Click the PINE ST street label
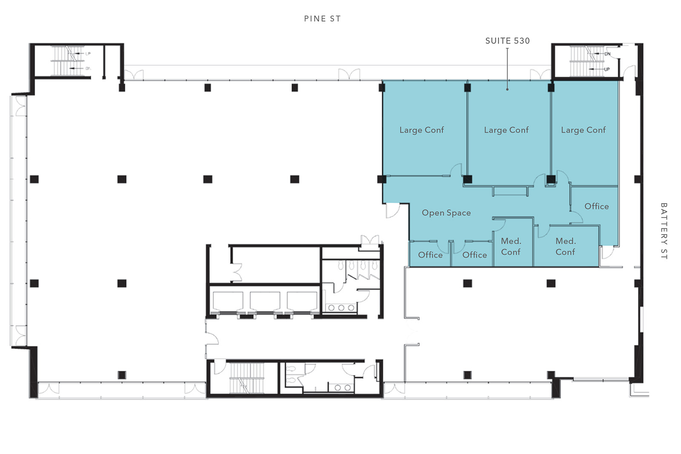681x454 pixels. [322, 19]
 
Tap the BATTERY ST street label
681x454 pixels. [664, 231]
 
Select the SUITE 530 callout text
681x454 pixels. [507, 41]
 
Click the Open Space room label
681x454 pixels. [446, 213]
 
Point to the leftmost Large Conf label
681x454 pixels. [421, 130]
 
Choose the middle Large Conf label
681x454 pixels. [506, 130]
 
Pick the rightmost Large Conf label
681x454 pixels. [583, 130]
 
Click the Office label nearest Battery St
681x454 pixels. [596, 206]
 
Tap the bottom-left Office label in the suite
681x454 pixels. [430, 255]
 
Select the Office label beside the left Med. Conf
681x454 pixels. [474, 255]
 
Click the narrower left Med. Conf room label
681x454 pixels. [511, 246]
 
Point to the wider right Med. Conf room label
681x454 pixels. [566, 246]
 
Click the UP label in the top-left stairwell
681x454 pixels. [88, 54]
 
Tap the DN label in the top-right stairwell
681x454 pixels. [607, 54]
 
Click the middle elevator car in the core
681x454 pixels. [265, 301]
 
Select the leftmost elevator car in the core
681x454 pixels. [228, 301]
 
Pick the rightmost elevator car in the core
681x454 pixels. [302, 301]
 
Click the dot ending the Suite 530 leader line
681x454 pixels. [507, 89]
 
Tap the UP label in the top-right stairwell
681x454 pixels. [607, 69]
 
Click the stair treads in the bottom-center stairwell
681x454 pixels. [246, 378]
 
